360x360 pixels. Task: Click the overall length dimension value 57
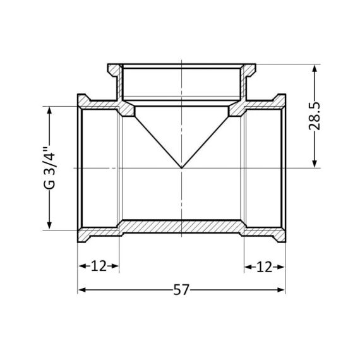coord(181,291)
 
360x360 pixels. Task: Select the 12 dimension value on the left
coord(98,266)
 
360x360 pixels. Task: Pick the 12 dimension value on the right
coord(264,266)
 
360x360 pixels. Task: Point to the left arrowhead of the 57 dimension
coord(81,291)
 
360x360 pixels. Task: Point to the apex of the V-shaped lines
coord(181,168)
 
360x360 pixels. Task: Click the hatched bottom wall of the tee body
coord(181,225)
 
